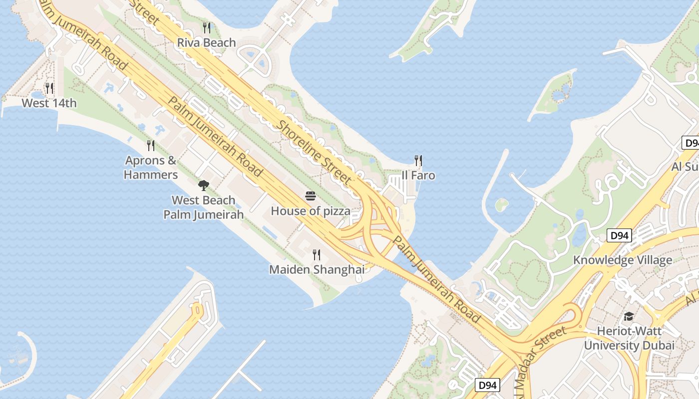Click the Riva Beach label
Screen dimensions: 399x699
point(206,43)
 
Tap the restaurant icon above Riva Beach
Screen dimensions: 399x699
point(207,27)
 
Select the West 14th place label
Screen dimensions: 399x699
point(49,103)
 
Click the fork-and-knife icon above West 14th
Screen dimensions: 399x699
point(49,88)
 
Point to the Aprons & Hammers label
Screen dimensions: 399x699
point(151,168)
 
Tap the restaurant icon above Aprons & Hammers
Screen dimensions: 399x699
point(151,146)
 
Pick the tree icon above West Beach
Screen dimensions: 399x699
point(203,186)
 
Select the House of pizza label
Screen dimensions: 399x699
point(311,211)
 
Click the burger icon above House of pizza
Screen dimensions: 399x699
point(311,196)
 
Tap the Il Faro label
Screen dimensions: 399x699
point(418,176)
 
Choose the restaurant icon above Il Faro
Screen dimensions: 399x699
point(418,161)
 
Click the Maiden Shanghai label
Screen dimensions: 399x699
point(317,270)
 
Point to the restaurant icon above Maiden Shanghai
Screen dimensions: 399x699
point(317,255)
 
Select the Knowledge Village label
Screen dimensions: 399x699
point(622,260)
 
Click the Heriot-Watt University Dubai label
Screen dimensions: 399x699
point(629,338)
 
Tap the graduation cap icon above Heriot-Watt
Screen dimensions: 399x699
point(629,317)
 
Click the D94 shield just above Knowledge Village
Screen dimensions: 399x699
point(619,235)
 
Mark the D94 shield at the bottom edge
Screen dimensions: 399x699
point(487,385)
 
